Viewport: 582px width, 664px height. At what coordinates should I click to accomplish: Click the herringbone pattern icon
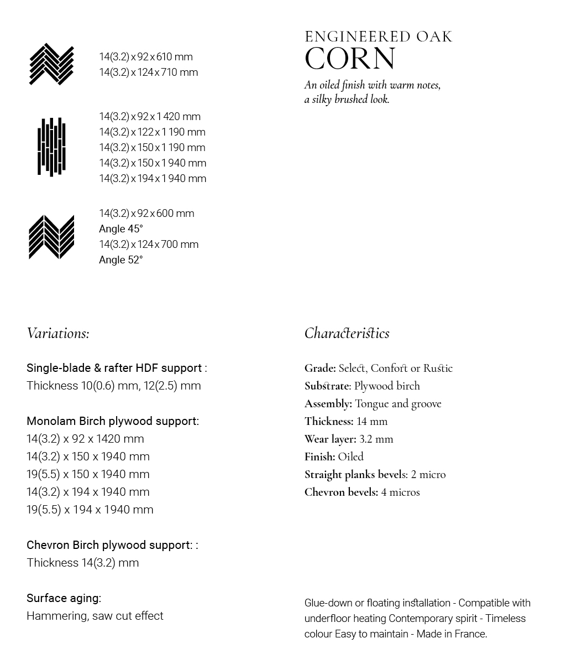tap(51, 64)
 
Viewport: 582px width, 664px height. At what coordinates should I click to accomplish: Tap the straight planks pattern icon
tap(51, 147)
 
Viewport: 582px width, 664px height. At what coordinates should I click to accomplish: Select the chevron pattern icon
tap(51, 237)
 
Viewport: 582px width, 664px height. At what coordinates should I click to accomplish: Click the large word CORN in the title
tap(350, 59)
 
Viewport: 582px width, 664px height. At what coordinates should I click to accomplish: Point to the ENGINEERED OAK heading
tap(379, 37)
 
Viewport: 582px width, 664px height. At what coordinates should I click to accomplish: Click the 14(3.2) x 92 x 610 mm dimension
tap(146, 56)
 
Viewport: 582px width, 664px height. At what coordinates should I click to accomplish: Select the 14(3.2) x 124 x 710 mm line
tap(148, 72)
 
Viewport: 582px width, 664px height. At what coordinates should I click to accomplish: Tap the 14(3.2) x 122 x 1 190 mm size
tap(152, 132)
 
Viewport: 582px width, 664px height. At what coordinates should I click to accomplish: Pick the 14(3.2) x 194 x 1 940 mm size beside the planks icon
tap(153, 178)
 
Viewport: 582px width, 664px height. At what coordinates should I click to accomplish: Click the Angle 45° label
tap(120, 229)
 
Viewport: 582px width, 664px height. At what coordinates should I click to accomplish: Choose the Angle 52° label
tap(120, 260)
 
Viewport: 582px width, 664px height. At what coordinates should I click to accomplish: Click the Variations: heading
tap(58, 333)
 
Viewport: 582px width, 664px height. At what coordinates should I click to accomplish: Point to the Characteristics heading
tap(347, 333)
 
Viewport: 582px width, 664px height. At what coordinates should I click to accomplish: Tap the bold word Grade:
tap(320, 368)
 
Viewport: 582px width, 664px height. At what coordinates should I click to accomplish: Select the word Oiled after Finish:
tap(350, 456)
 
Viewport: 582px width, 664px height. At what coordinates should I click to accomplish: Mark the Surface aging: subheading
tap(64, 598)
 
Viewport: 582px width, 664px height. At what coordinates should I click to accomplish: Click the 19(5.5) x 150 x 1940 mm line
tap(88, 474)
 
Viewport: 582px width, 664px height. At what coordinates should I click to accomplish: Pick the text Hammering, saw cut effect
tap(95, 615)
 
